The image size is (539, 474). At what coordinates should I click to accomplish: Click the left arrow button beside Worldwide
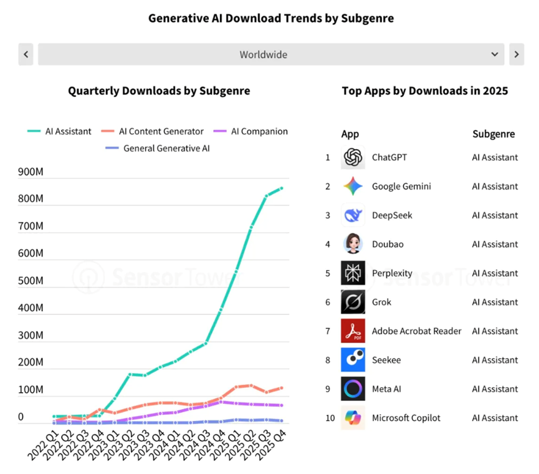tap(26, 54)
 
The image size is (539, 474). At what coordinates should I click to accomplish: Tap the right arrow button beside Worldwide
tap(517, 54)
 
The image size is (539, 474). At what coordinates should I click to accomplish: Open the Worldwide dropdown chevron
tap(495, 54)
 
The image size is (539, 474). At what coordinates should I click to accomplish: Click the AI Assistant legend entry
tap(59, 132)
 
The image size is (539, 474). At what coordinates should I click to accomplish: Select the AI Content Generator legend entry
tap(152, 132)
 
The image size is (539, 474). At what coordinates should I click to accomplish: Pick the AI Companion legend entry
tap(250, 132)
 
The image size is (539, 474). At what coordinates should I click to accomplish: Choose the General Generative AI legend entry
tap(158, 148)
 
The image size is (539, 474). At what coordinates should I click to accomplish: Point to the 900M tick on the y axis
tap(31, 172)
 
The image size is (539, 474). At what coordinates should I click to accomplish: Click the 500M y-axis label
tap(31, 281)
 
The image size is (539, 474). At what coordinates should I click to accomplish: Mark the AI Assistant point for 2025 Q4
tap(282, 188)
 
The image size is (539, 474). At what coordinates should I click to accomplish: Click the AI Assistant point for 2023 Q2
tap(130, 374)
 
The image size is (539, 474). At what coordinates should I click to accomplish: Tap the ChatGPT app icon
tap(353, 157)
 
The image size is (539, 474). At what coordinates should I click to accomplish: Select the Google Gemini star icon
tap(353, 186)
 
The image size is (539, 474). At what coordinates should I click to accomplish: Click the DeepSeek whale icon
tap(353, 215)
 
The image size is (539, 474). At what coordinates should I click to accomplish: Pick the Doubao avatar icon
tap(353, 244)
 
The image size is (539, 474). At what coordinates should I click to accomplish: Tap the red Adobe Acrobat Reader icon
tap(353, 331)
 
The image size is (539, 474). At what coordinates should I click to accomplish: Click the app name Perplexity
tap(392, 273)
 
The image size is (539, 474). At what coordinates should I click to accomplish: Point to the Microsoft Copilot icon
tap(353, 418)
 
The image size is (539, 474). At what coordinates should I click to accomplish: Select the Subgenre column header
tap(494, 134)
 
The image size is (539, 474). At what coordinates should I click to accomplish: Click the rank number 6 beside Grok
tap(328, 302)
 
